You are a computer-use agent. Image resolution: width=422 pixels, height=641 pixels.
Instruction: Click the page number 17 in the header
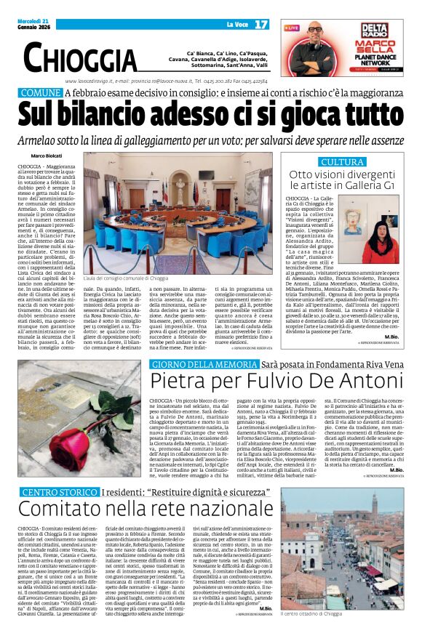pos(261,24)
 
